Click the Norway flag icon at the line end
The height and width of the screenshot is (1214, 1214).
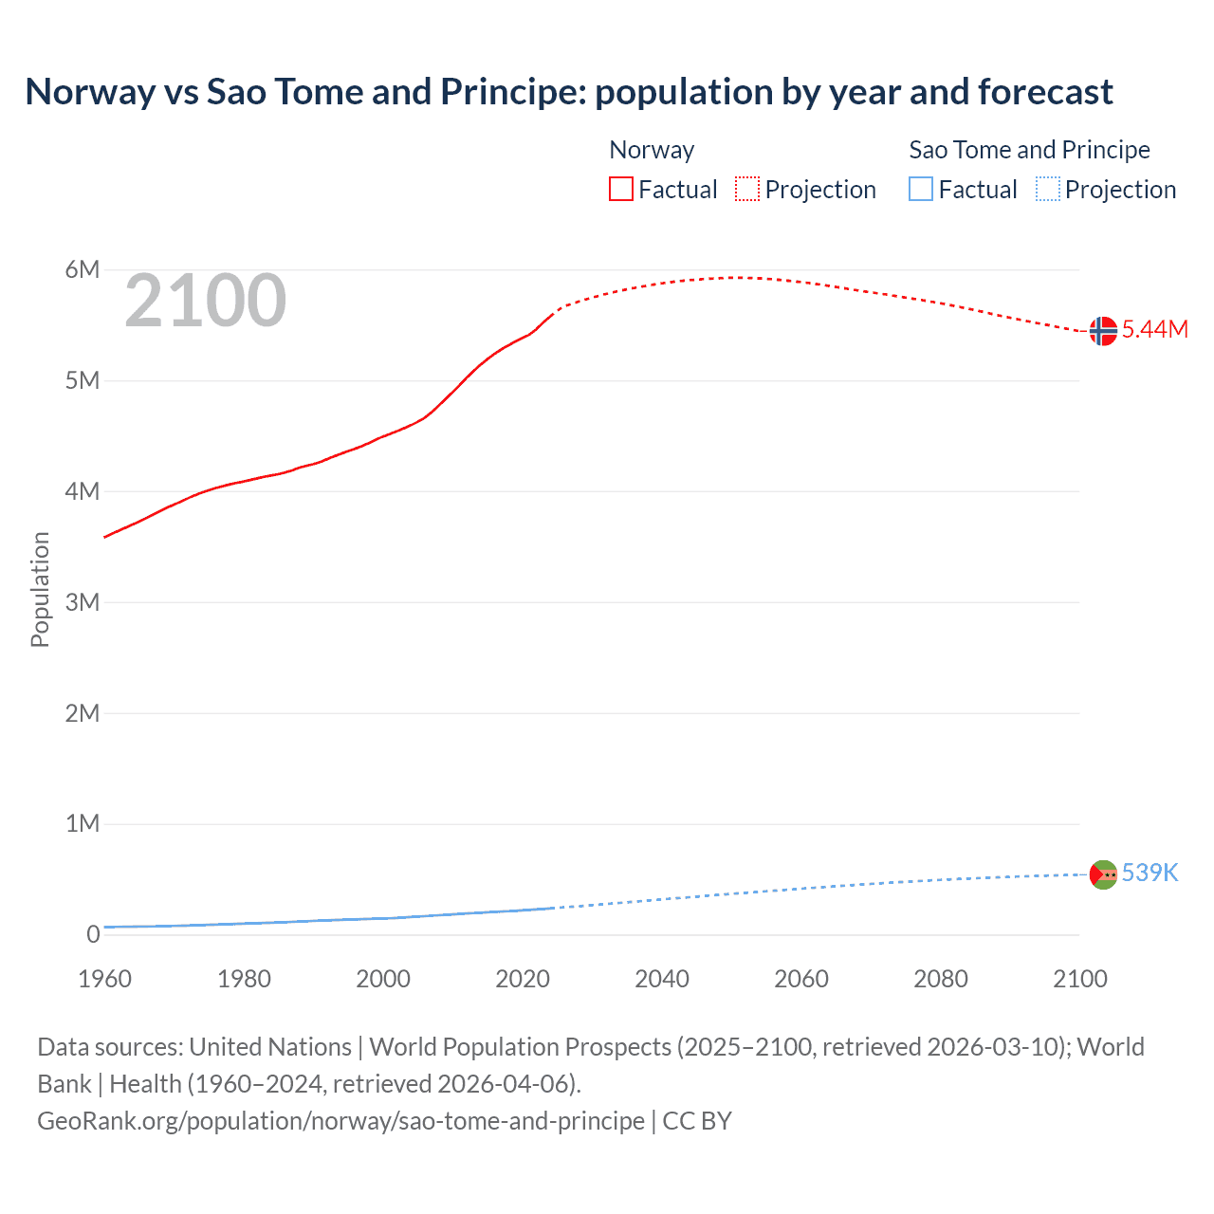pyautogui.click(x=1103, y=331)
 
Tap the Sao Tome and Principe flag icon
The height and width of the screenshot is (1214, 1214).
pyautogui.click(x=1103, y=874)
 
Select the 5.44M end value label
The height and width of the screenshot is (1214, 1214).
pyautogui.click(x=1154, y=329)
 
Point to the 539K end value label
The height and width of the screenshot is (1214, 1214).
pyautogui.click(x=1150, y=873)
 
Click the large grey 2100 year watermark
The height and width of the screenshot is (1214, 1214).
pyautogui.click(x=205, y=301)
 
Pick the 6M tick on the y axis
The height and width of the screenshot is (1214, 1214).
pyautogui.click(x=83, y=269)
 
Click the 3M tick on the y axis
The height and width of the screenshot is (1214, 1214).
pyautogui.click(x=83, y=602)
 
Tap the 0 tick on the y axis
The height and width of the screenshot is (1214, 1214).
pyautogui.click(x=93, y=934)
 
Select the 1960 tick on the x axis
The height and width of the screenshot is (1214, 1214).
pyautogui.click(x=104, y=979)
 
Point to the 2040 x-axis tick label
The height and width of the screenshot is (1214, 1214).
pyautogui.click(x=662, y=979)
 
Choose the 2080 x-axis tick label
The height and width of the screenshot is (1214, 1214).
pyautogui.click(x=941, y=979)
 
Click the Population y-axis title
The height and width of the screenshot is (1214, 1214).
pyautogui.click(x=40, y=589)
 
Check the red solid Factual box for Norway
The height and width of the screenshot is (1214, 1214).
pyautogui.click(x=621, y=190)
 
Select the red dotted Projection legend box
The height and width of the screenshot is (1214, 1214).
pyautogui.click(x=747, y=190)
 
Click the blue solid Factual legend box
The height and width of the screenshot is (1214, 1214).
pyautogui.click(x=921, y=190)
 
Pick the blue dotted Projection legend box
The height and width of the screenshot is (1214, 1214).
pyautogui.click(x=1047, y=190)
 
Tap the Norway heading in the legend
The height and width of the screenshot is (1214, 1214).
pyautogui.click(x=652, y=150)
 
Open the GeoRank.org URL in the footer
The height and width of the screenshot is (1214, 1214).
pyautogui.click(x=340, y=1121)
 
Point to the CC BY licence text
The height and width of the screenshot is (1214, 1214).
pyautogui.click(x=697, y=1121)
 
